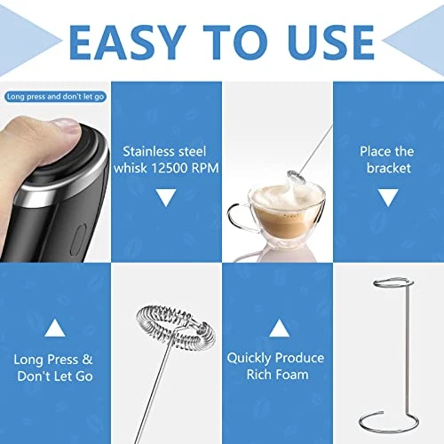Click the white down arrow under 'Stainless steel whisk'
pyautogui.click(x=166, y=197)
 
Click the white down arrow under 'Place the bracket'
pyautogui.click(x=387, y=197)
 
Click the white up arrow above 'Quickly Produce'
pyautogui.click(x=277, y=330)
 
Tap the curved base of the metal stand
pyautogui.click(x=388, y=417)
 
